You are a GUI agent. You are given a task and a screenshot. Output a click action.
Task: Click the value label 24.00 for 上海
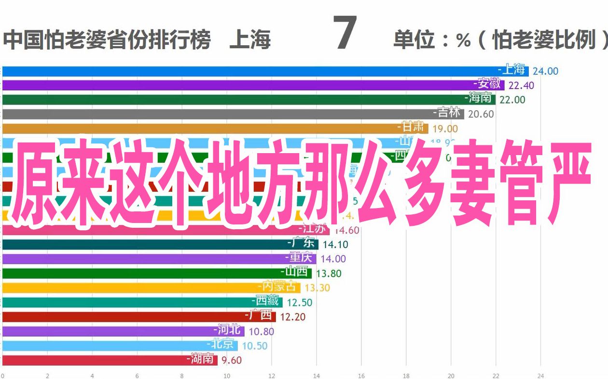point(545,71)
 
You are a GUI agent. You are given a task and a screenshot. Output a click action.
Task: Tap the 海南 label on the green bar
point(480,99)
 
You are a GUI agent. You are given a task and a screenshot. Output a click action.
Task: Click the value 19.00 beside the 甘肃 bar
point(445,129)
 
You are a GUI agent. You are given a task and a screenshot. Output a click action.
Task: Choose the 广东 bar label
point(303,244)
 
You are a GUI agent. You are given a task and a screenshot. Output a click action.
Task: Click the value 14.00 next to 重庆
point(333,259)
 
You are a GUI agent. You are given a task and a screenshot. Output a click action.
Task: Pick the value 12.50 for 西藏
point(299,302)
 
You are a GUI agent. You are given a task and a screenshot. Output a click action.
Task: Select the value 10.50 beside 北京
point(254,346)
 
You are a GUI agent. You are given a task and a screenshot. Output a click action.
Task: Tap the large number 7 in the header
point(345,34)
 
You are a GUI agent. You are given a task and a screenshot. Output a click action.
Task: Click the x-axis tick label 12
point(272,376)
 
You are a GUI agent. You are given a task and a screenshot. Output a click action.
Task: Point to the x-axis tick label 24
point(541,376)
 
